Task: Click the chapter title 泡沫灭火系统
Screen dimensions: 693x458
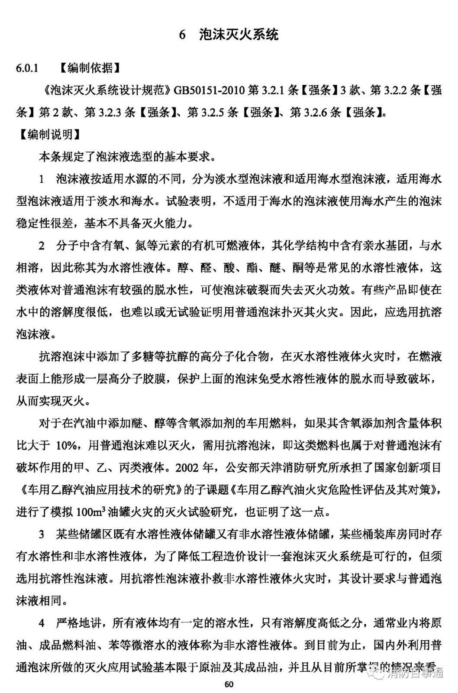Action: coord(239,34)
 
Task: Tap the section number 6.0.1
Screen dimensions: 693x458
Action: coord(27,68)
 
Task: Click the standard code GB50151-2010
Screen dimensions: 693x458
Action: coord(209,90)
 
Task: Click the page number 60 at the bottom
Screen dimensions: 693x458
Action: coord(229,684)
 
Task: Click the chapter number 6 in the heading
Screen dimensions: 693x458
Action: coord(182,35)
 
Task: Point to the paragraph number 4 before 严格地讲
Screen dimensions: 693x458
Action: coord(42,623)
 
